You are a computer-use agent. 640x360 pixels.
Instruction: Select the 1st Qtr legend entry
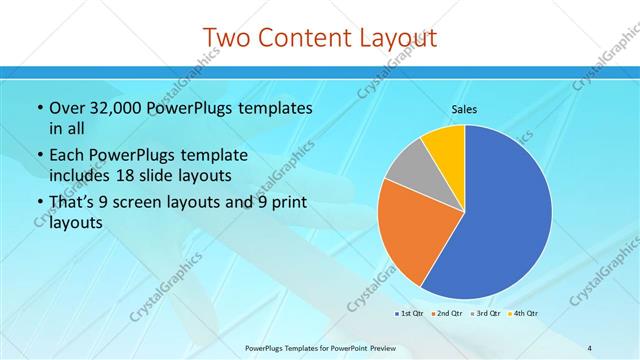pyautogui.click(x=409, y=314)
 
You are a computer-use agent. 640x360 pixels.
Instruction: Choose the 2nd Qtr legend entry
pyautogui.click(x=448, y=314)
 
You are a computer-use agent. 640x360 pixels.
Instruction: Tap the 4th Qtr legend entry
pyautogui.click(x=525, y=314)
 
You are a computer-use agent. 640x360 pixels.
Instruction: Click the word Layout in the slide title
pyautogui.click(x=394, y=38)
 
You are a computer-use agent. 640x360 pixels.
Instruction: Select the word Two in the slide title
pyautogui.click(x=224, y=38)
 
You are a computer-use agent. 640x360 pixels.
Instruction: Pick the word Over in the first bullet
pyautogui.click(x=68, y=108)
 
